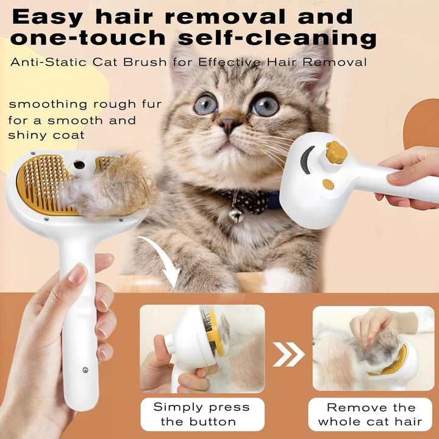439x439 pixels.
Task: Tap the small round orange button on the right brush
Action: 328,184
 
